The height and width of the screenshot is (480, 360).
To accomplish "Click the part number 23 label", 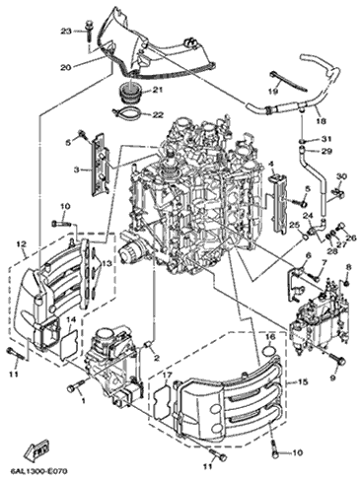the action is pyautogui.click(x=66, y=32).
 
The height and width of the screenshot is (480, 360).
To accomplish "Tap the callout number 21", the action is pyautogui.click(x=158, y=90).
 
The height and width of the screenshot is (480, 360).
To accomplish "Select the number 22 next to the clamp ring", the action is pyautogui.click(x=158, y=114).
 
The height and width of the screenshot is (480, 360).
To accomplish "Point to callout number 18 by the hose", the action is pyautogui.click(x=322, y=121).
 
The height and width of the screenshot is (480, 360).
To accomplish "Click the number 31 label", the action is pyautogui.click(x=327, y=139).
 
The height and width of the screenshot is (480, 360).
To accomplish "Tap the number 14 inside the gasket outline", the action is pyautogui.click(x=72, y=319).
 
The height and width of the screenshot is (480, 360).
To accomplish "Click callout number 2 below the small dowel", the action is pyautogui.click(x=157, y=358).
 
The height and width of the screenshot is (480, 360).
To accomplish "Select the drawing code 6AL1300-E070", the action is pyautogui.click(x=35, y=472).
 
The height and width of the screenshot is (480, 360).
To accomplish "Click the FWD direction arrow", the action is pyautogui.click(x=39, y=452).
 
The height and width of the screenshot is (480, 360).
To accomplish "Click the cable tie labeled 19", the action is pyautogui.click(x=288, y=82).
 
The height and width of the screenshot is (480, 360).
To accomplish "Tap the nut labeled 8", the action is pyautogui.click(x=346, y=283).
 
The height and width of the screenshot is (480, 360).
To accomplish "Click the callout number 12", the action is pyautogui.click(x=22, y=244).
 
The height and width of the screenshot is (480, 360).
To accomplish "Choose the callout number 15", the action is pyautogui.click(x=303, y=382).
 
